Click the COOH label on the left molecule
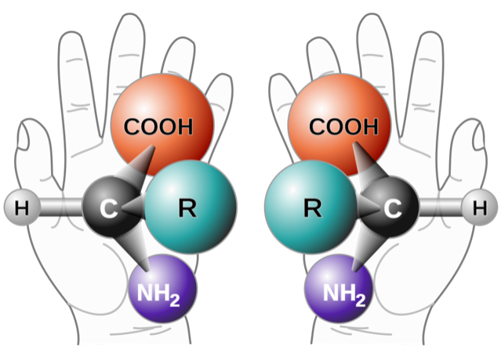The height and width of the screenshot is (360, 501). point(158,126)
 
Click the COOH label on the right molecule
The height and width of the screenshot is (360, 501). point(343,126)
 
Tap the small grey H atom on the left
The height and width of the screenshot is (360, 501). point(22,207)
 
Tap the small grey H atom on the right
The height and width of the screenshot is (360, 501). point(480,207)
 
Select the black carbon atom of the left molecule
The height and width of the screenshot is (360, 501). point(111,207)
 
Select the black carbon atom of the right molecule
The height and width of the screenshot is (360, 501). point(390,207)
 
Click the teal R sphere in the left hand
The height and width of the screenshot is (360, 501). point(191,207)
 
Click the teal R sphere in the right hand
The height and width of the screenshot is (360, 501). point(310,207)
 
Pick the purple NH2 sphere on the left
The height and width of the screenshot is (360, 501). point(162,289)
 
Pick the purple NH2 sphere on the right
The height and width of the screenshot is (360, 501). point(339,289)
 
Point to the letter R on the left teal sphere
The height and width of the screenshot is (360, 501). point(187,208)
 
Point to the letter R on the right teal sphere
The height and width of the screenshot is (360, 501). point(313,208)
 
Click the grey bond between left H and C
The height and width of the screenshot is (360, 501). point(61,207)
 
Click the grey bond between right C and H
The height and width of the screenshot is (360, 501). point(441,207)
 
